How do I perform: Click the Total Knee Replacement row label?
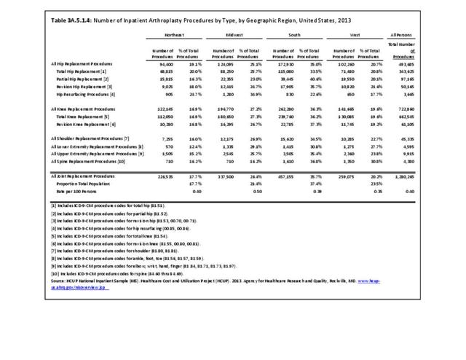click(x=87, y=116)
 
